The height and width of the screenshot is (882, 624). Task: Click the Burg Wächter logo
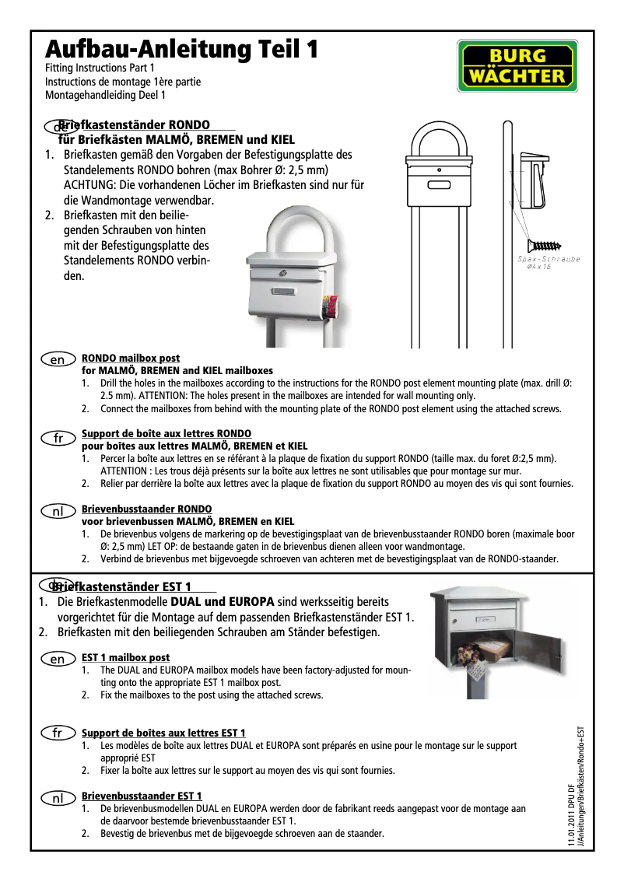(x=516, y=66)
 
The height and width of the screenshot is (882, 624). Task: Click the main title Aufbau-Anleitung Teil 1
(x=181, y=50)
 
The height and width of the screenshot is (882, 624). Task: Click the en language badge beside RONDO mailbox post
(x=58, y=360)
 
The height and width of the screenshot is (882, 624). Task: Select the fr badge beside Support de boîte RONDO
(x=58, y=439)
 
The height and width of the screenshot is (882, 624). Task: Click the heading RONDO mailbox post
(x=131, y=359)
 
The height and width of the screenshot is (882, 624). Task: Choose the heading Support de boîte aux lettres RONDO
(x=167, y=432)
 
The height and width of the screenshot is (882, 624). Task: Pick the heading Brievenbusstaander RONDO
(x=146, y=509)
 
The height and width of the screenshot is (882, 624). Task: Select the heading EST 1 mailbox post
(x=125, y=658)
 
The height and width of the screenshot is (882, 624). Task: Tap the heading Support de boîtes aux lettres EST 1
(x=163, y=733)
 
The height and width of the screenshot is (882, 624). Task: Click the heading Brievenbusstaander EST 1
(x=142, y=796)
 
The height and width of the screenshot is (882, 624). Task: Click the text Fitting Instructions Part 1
(x=94, y=68)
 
